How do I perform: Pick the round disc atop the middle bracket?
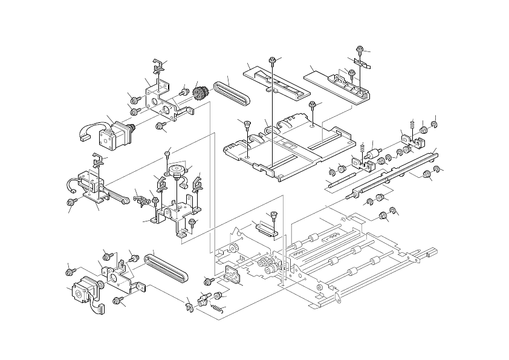coord(177,169)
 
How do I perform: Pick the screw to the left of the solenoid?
coord(73,200)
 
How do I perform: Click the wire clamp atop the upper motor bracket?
coord(159,64)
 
